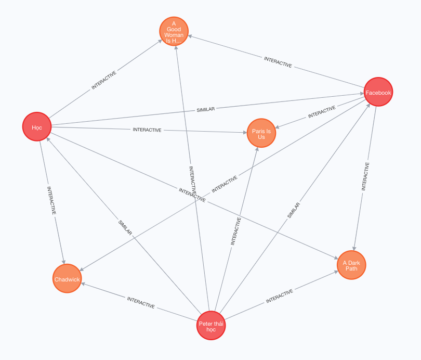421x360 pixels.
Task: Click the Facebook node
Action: tap(378, 92)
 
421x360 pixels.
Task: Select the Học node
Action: tap(37, 126)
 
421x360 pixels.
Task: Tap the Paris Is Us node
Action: tap(261, 134)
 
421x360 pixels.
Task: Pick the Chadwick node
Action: tap(67, 279)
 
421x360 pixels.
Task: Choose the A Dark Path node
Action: tap(351, 265)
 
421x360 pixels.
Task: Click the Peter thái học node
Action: tap(212, 326)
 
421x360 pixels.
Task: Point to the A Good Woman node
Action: tap(174, 31)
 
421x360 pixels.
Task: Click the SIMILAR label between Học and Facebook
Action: tap(206, 110)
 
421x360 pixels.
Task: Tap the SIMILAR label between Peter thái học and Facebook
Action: tap(294, 209)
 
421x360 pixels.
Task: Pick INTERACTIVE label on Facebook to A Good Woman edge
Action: tap(278, 62)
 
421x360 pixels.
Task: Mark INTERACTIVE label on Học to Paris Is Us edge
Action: tap(147, 130)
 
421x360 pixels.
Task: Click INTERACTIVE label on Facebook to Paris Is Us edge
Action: tap(322, 112)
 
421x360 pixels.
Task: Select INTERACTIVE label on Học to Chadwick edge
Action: tap(51, 201)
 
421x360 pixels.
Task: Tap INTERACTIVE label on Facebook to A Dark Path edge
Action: tap(366, 176)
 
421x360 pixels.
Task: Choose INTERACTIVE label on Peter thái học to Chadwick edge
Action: tap(141, 302)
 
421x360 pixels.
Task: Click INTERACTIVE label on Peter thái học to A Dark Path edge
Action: tap(280, 297)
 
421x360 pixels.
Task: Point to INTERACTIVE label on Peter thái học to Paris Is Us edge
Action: tap(236, 232)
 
